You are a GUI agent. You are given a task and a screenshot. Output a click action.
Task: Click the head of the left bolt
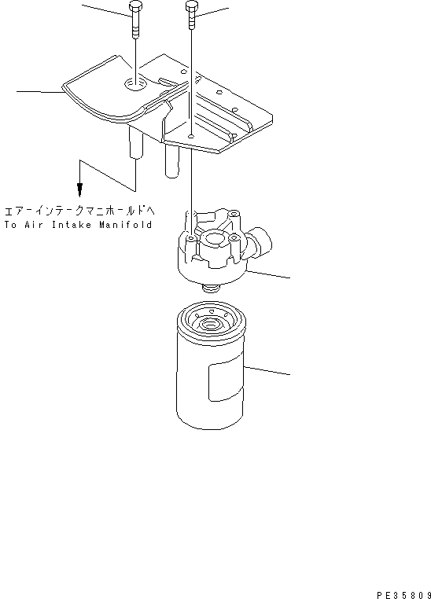[x=136, y=9]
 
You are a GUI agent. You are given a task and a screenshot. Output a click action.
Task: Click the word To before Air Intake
[x=10, y=225]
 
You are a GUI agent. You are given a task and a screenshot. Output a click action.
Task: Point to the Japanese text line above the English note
[x=79, y=211]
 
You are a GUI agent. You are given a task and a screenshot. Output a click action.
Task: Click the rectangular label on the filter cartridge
[x=222, y=382]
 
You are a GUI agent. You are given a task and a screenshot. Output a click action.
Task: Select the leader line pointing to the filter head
[x=271, y=274]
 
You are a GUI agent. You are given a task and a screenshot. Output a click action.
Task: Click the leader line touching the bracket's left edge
[x=39, y=93]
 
